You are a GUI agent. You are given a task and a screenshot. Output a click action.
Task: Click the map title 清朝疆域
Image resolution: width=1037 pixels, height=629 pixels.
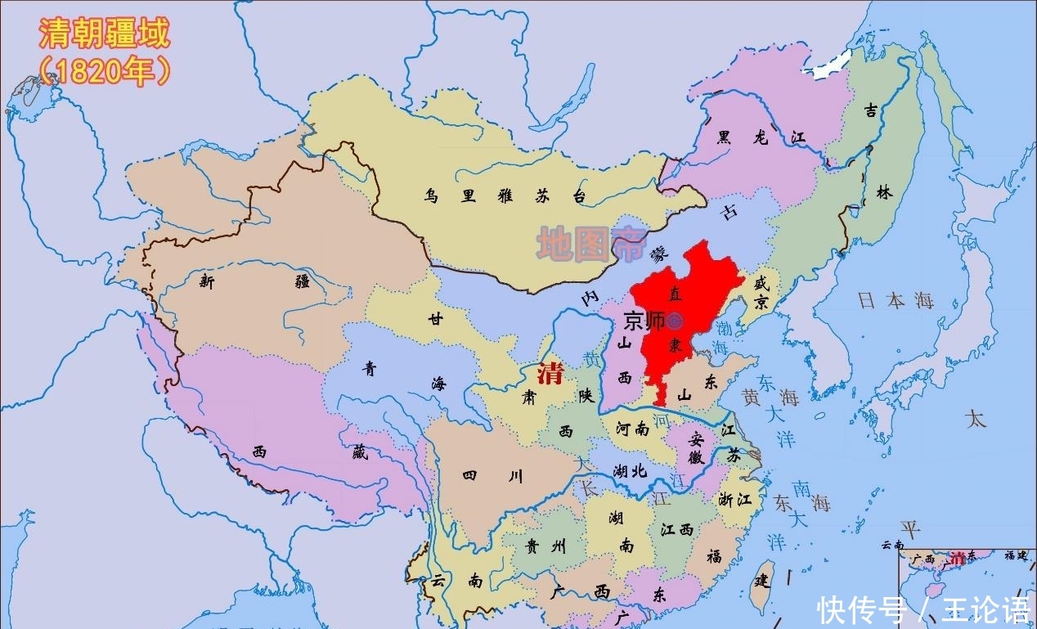[x=104, y=34]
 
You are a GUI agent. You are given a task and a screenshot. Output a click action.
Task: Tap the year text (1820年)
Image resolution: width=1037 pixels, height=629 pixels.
[x=104, y=72]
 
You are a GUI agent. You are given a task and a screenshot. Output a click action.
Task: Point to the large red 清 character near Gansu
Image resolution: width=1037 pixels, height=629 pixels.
[x=550, y=375]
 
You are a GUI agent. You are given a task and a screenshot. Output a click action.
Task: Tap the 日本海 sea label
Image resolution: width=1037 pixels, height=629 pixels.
[x=896, y=300]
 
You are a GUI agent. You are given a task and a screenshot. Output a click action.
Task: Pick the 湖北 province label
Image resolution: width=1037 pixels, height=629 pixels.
[x=629, y=471]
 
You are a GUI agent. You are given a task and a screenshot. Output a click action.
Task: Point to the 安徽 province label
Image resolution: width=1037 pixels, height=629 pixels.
[x=696, y=447]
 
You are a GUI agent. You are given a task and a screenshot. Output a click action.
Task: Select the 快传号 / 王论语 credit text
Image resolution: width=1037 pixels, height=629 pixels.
[x=924, y=609]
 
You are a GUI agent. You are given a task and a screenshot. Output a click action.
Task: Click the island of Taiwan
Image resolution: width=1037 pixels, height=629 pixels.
[x=763, y=586]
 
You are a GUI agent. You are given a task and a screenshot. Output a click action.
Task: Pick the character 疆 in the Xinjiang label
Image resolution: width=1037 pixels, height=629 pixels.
[x=303, y=282]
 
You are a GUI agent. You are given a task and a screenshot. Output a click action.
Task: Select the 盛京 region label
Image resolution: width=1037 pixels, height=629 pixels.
[x=761, y=293]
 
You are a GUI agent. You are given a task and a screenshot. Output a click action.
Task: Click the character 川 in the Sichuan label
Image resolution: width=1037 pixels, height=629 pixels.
[x=514, y=477]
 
